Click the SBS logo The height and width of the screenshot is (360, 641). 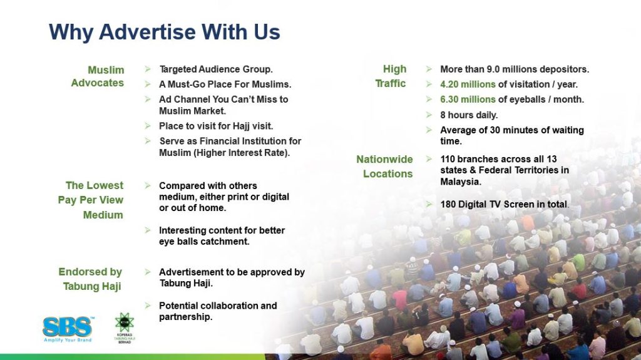coord(68,329)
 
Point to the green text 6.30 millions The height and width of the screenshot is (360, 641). coord(468,100)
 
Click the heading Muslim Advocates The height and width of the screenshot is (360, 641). coord(98,76)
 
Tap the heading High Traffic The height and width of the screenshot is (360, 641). coord(391,76)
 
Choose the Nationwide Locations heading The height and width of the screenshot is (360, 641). coord(385,167)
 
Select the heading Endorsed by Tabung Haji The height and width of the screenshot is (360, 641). coord(90,279)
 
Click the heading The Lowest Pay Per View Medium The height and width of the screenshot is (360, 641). coord(91,200)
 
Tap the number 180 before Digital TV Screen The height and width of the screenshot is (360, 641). coord(448,204)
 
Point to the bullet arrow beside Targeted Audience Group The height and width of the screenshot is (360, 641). coord(148,69)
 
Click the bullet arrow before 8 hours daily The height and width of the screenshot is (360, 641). coord(429,115)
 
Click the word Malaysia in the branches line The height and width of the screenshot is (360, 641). coord(460,182)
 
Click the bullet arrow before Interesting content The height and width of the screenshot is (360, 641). coord(148,230)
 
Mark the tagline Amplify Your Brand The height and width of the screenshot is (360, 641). coord(68,339)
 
